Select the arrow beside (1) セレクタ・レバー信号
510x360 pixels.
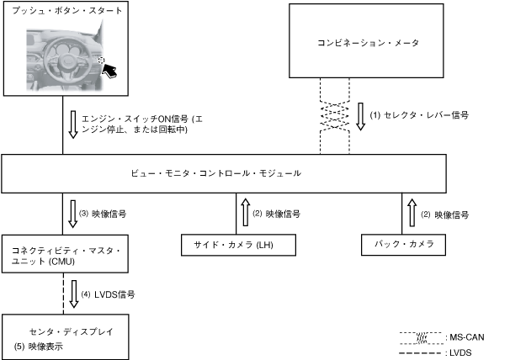point(360,116)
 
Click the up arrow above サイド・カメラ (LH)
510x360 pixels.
point(245,214)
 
